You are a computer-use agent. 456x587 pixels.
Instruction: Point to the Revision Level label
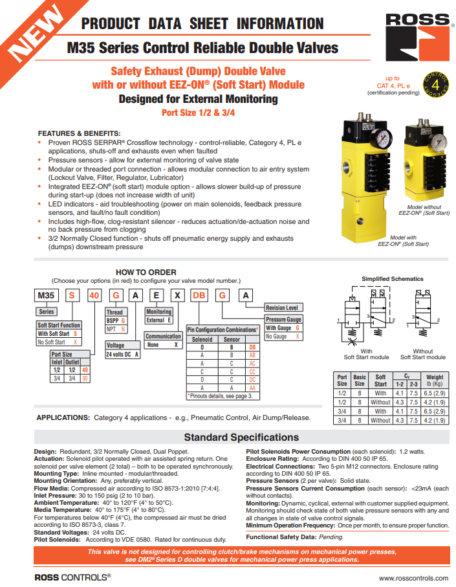[282, 308]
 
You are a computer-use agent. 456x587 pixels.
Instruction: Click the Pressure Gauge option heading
[284, 320]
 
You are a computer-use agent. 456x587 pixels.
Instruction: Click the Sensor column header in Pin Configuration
[232, 339]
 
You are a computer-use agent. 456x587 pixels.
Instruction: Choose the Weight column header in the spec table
[435, 377]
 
